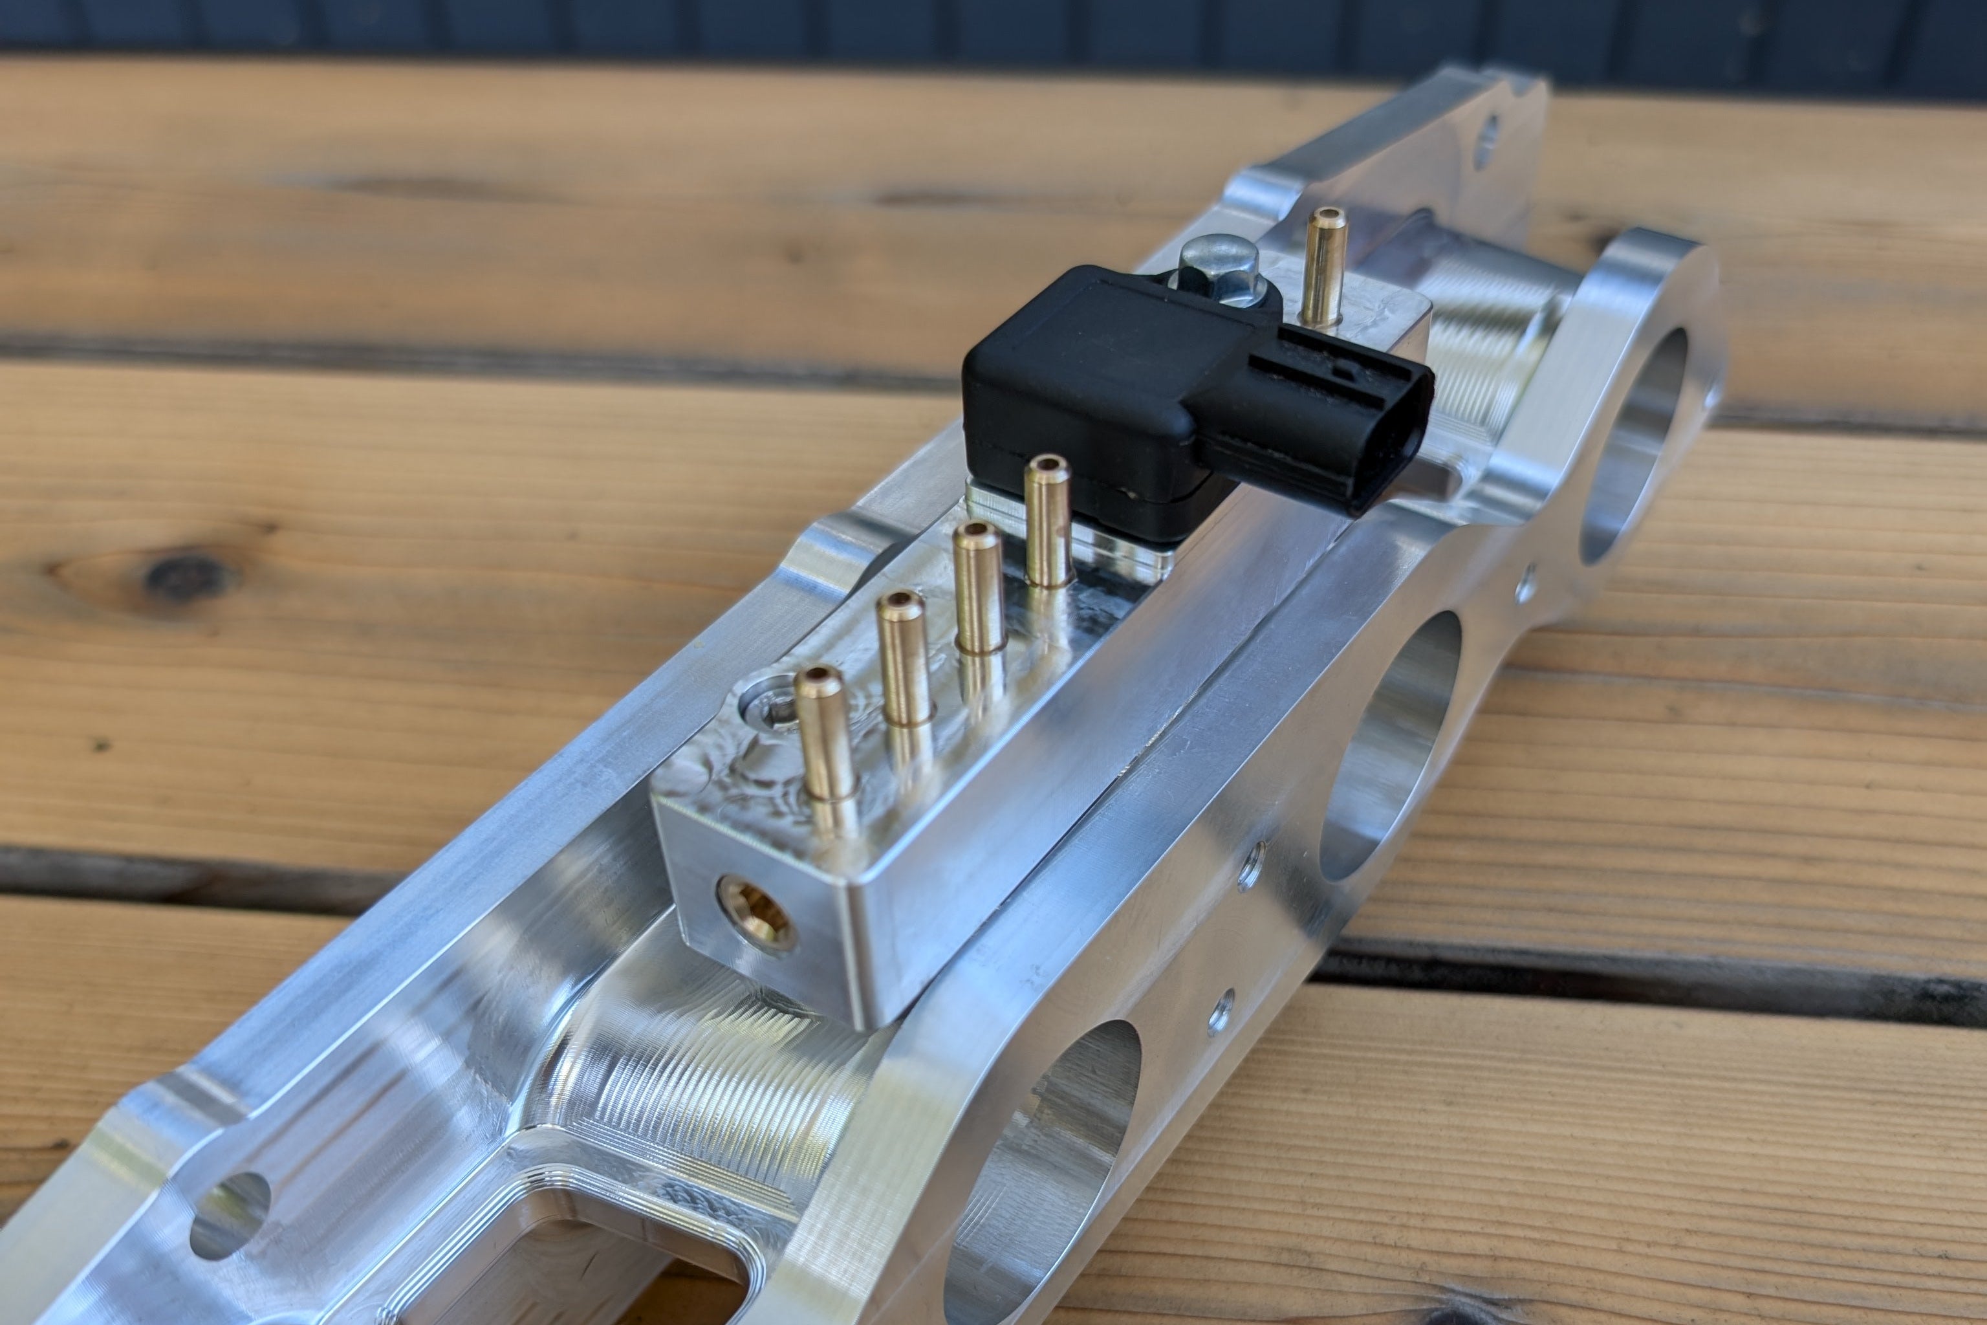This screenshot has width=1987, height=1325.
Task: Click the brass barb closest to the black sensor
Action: (1048, 520)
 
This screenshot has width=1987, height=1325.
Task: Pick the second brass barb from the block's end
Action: (904, 659)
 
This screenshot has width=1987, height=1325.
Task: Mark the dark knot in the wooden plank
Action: (182, 577)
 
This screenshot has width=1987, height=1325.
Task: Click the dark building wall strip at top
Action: (929, 30)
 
